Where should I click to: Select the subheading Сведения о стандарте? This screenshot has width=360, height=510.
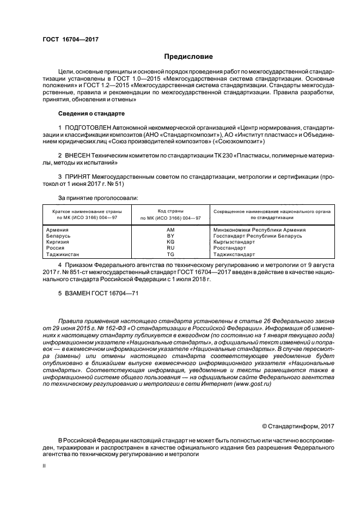91,113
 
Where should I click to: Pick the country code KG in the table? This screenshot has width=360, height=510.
170,241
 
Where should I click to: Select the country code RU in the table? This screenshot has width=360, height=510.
170,247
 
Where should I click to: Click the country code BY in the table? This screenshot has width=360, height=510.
170,235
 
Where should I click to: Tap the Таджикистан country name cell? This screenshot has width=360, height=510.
64,254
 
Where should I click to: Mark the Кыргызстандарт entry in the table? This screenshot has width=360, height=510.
234,241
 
